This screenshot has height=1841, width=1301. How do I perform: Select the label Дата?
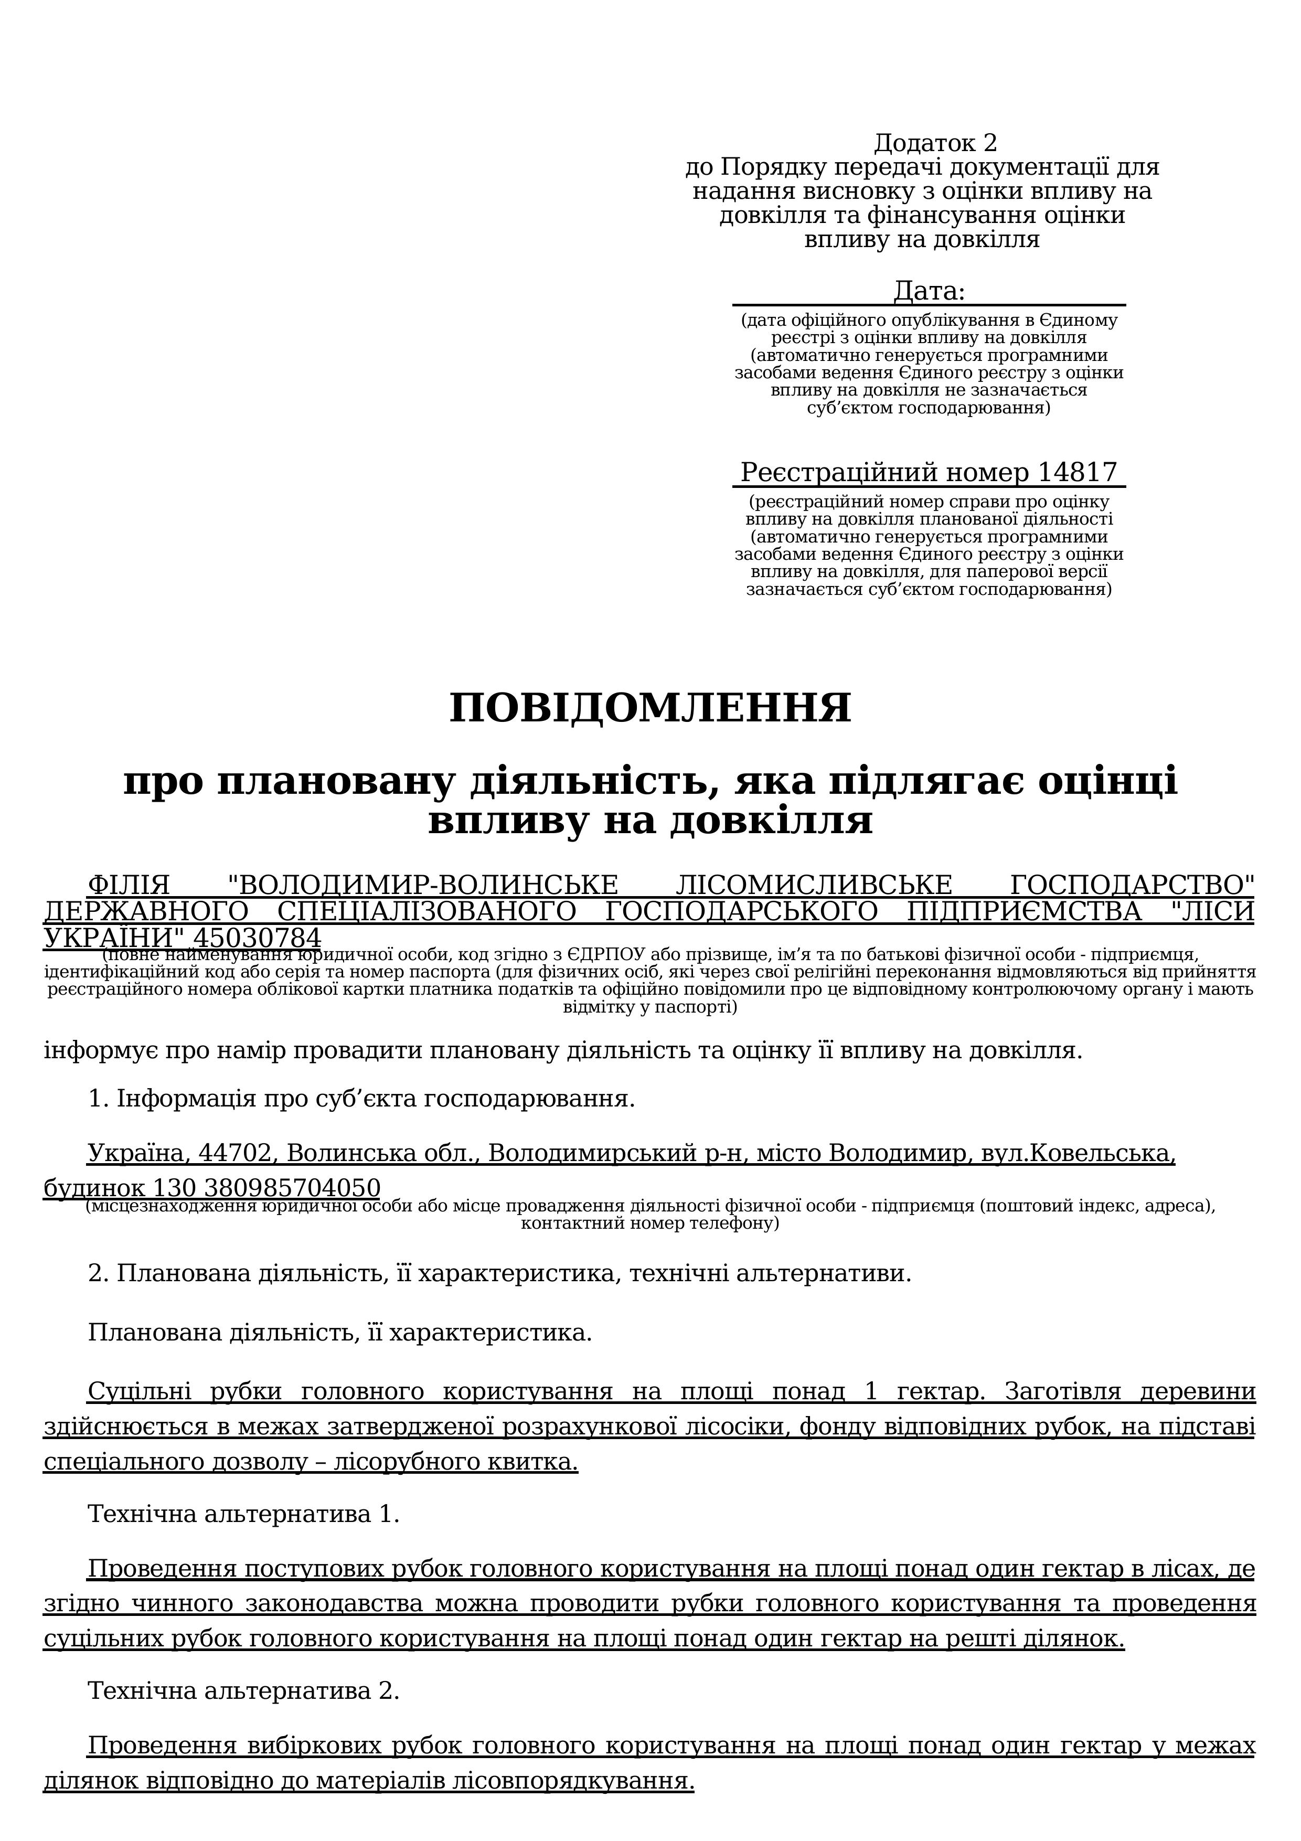pyautogui.click(x=929, y=291)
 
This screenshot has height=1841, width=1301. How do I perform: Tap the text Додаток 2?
pyautogui.click(x=935, y=144)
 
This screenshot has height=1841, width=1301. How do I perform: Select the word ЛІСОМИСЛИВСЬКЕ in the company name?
pyautogui.click(x=814, y=885)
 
